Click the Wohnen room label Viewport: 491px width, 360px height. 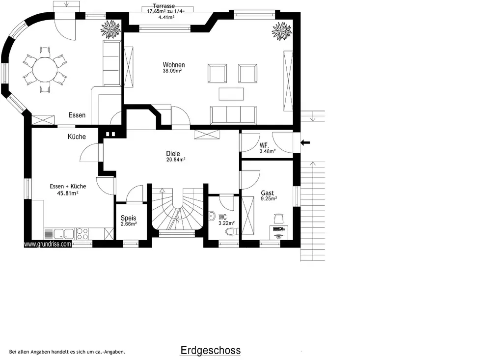tap(174, 65)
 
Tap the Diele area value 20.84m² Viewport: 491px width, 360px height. tap(176, 160)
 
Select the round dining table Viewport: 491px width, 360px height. tap(45, 70)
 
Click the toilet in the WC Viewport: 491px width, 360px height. tap(232, 232)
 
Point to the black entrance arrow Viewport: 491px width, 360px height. tap(305, 143)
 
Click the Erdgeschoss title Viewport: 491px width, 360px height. tap(211, 350)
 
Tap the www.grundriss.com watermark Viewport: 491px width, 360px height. tap(48, 244)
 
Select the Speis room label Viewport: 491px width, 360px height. tap(128, 218)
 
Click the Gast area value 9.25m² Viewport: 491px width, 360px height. tap(269, 198)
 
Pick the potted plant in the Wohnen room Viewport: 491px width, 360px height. tap(282, 31)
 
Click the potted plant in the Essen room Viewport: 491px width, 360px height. tap(110, 29)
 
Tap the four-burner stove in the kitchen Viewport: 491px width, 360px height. tap(82, 233)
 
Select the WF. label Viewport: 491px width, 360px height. tap(264, 146)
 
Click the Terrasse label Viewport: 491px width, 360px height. tap(164, 6)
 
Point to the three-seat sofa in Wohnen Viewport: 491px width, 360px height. tap(233, 115)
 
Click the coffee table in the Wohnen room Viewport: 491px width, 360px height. tap(231, 94)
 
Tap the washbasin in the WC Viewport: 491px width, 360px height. tap(212, 216)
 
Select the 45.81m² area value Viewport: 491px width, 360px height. tap(68, 194)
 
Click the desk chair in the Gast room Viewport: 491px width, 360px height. tap(278, 218)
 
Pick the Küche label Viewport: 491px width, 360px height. tap(77, 137)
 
